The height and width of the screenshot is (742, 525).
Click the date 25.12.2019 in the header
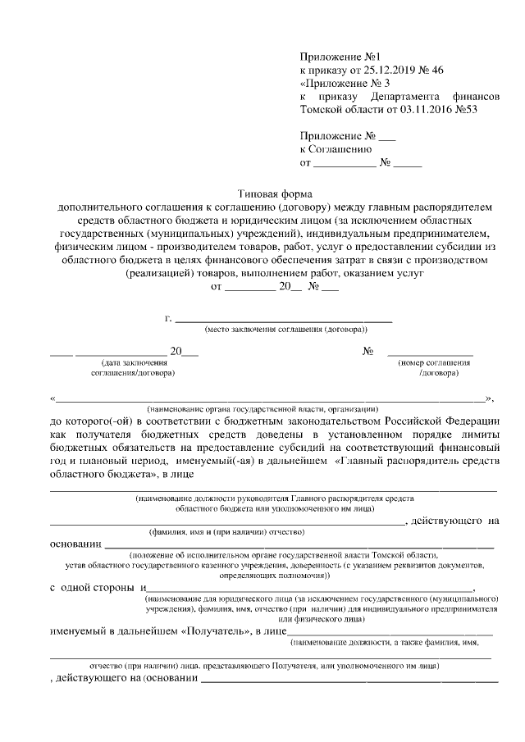click(x=390, y=71)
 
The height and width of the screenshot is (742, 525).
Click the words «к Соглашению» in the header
click(x=337, y=149)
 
